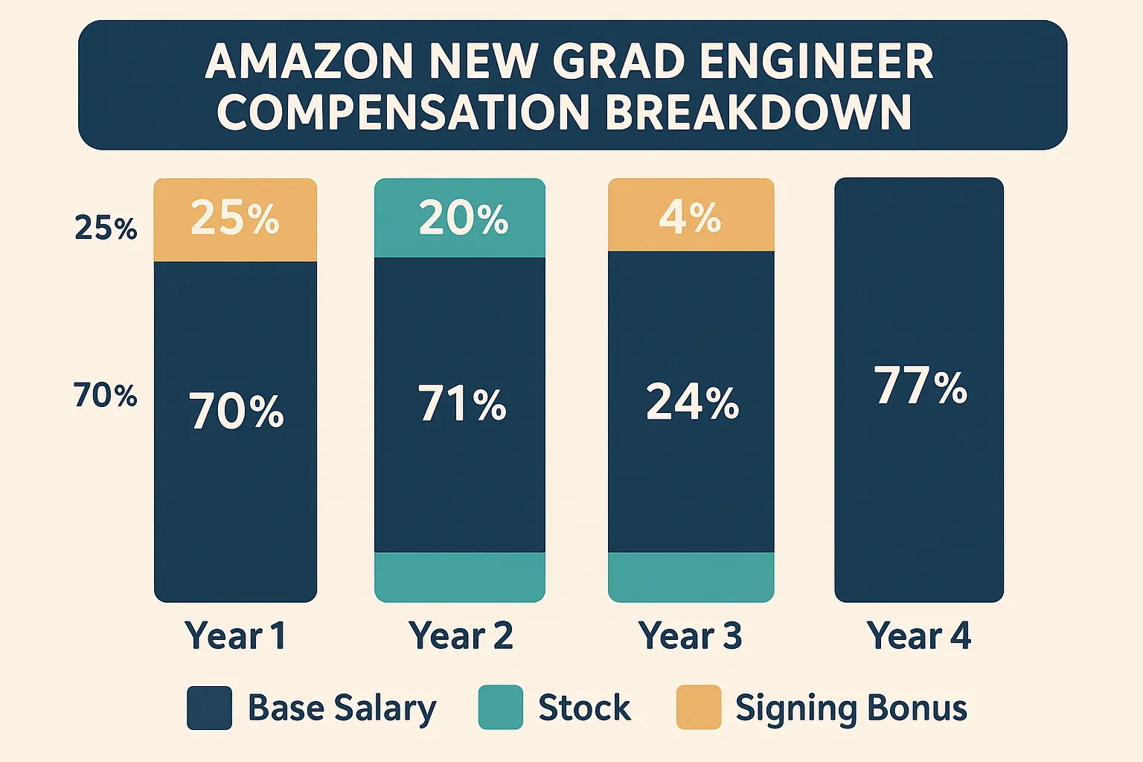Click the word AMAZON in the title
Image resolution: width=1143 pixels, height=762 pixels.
coord(308,61)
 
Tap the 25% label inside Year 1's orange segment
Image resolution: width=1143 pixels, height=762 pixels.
coord(234,218)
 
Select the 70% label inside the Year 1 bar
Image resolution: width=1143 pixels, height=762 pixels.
coord(236,412)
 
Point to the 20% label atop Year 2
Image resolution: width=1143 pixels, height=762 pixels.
coord(463,218)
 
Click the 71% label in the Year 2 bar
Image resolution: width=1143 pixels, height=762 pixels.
coord(462,404)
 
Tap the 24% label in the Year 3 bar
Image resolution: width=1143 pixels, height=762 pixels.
coord(692,403)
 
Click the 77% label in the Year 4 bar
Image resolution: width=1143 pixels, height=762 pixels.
coord(921,386)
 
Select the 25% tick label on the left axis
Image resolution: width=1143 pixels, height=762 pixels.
coord(106,228)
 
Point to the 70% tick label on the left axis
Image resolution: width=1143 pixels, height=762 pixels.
coord(105,395)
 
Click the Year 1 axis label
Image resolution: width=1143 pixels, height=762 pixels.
coord(235,636)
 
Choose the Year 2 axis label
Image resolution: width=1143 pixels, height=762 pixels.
coord(461,636)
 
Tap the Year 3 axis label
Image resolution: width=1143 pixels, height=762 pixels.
coord(690,636)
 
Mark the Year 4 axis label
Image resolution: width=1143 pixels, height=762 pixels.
coord(918,636)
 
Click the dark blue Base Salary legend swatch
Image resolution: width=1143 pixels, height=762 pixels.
coord(209,708)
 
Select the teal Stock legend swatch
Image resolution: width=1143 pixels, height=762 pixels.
coord(500,708)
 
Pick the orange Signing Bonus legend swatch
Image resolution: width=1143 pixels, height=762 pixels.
coord(698,708)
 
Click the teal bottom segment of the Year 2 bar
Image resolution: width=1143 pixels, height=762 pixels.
coord(460,577)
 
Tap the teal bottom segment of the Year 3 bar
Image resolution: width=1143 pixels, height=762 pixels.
coord(691,577)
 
